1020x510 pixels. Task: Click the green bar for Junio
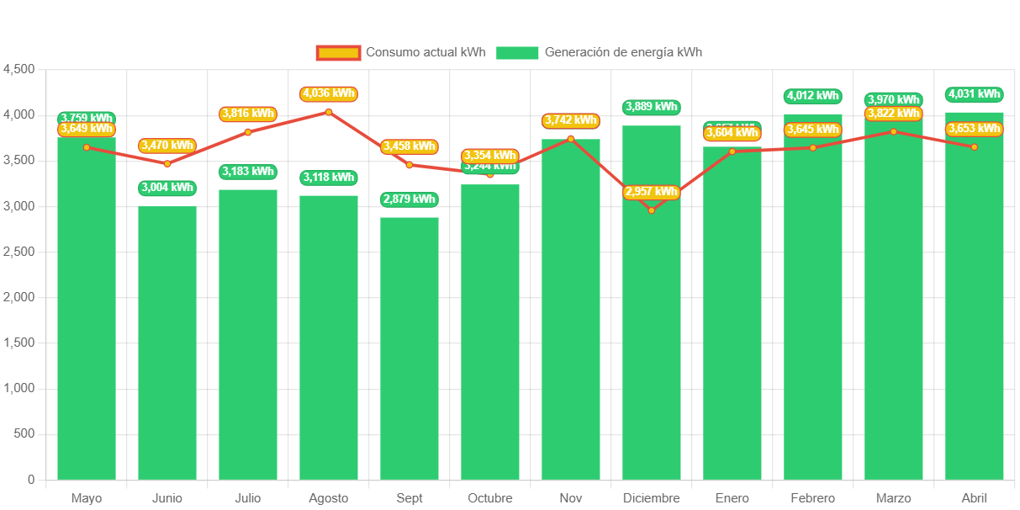[167, 343]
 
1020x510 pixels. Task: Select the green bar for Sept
[410, 348]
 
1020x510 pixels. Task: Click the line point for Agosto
[329, 112]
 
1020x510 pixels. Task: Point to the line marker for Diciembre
[652, 210]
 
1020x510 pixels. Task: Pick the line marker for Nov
[571, 139]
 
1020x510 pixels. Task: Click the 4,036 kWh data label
[329, 93]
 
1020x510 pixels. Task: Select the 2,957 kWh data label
[652, 192]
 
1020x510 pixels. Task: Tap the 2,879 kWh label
[410, 199]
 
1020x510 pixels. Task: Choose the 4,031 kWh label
[975, 94]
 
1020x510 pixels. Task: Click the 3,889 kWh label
[652, 107]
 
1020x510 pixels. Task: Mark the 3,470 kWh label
[167, 146]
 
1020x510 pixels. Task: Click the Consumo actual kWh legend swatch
[338, 53]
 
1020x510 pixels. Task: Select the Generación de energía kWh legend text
[623, 52]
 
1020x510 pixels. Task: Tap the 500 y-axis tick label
[24, 433]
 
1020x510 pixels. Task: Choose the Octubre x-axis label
[490, 498]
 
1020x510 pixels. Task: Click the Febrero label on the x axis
[813, 498]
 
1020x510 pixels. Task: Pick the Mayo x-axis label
[87, 498]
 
